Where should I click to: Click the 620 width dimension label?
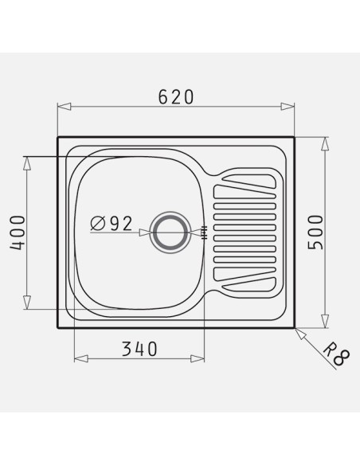(x=176, y=96)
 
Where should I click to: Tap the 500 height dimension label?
(x=315, y=232)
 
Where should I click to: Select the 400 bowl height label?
(x=18, y=233)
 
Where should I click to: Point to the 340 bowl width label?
(x=139, y=349)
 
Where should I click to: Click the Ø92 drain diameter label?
(x=111, y=223)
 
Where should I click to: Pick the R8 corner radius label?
(x=336, y=353)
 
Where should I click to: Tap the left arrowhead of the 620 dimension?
(x=64, y=107)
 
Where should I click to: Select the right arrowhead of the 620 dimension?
(x=288, y=107)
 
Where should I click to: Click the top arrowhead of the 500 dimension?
(x=325, y=144)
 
